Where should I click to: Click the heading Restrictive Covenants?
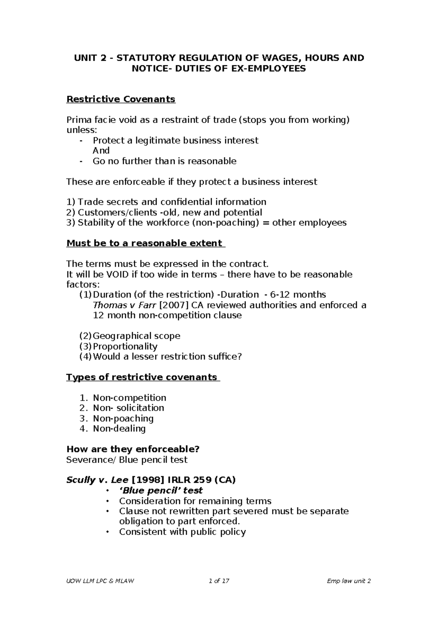pyautogui.click(x=121, y=99)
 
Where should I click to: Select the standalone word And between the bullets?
pyautogui.click(x=101, y=151)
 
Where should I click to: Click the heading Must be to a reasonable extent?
pyautogui.click(x=145, y=243)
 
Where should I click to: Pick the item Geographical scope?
pyautogui.click(x=137, y=336)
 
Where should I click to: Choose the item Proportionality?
pyautogui.click(x=125, y=346)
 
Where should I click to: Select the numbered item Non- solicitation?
pyautogui.click(x=128, y=408)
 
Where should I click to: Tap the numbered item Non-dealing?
pyautogui.click(x=119, y=428)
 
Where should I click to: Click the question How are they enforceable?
pyautogui.click(x=133, y=449)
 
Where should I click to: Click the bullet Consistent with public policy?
pyautogui.click(x=182, y=532)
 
